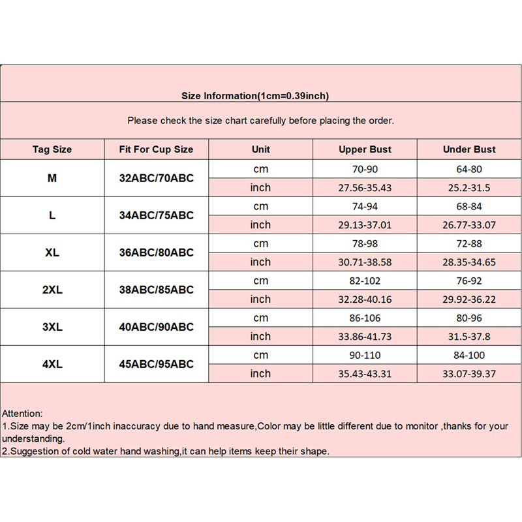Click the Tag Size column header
coord(52,149)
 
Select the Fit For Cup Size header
coord(156,149)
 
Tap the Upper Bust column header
coord(365,149)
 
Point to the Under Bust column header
coord(469,149)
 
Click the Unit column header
coord(260,149)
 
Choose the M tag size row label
coord(52,178)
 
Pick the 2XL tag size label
coord(52,290)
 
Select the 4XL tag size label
coord(52,364)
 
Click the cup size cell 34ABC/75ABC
coord(156,215)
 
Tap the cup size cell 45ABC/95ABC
coord(156,364)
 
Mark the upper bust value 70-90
coord(365,169)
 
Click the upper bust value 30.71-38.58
coord(365,262)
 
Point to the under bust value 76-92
coord(469,281)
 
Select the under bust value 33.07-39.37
coord(469,374)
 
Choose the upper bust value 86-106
coord(365,318)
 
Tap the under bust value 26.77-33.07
coord(469,225)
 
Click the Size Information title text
coord(255,96)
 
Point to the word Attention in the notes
coord(22,413)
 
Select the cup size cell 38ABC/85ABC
coord(156,290)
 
